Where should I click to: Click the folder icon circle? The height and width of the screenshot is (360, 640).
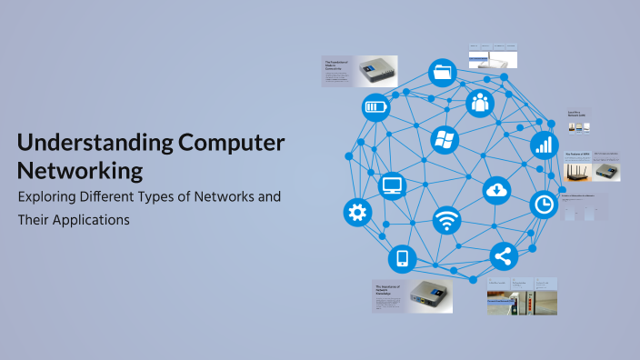pos(443,72)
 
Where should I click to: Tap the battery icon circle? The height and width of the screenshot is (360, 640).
pos(375,108)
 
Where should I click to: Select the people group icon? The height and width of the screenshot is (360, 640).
pos(479,102)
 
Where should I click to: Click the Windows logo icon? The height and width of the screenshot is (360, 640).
pos(445,140)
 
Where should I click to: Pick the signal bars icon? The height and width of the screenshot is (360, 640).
pos(544,145)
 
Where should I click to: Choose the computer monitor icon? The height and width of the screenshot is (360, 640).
pos(392,186)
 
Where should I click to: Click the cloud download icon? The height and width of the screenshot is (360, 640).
pos(497,189)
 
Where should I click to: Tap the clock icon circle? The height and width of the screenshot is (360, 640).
pos(543,205)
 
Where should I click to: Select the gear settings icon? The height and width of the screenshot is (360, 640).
pos(357,213)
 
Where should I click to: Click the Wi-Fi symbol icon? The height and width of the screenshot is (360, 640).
pos(445,220)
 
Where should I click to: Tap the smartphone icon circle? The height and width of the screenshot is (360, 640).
pos(402,259)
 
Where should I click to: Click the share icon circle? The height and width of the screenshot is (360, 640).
pos(503,256)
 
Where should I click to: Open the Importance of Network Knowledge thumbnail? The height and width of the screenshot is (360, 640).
pos(400,296)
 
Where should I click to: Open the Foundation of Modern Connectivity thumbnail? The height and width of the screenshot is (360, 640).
pos(359,72)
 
